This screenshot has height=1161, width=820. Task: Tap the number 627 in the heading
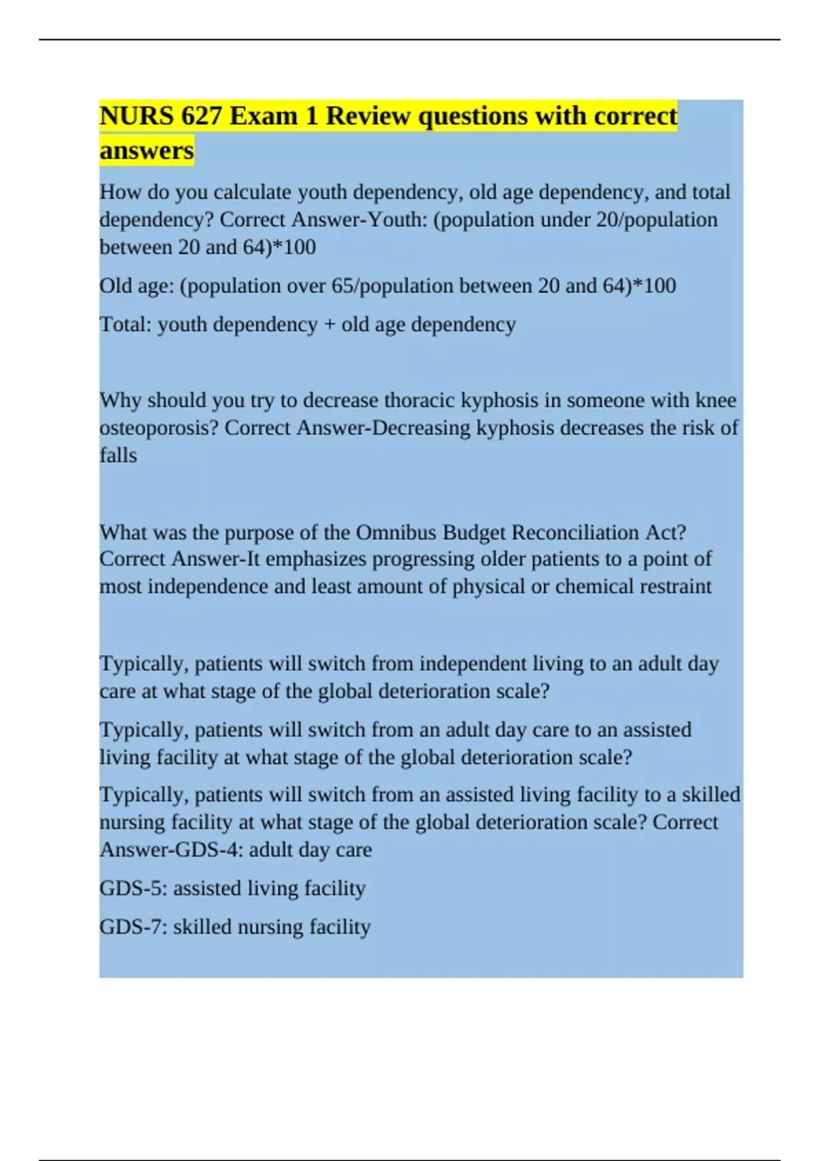pyautogui.click(x=202, y=116)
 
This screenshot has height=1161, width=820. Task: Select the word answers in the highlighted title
pyautogui.click(x=146, y=150)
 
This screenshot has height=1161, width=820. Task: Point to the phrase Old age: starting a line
pyautogui.click(x=137, y=285)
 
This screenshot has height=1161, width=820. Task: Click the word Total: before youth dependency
pyautogui.click(x=126, y=324)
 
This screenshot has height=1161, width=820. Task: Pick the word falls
pyautogui.click(x=118, y=456)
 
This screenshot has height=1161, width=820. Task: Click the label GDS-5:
pyautogui.click(x=133, y=888)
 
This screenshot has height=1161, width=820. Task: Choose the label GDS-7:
pyautogui.click(x=133, y=927)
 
